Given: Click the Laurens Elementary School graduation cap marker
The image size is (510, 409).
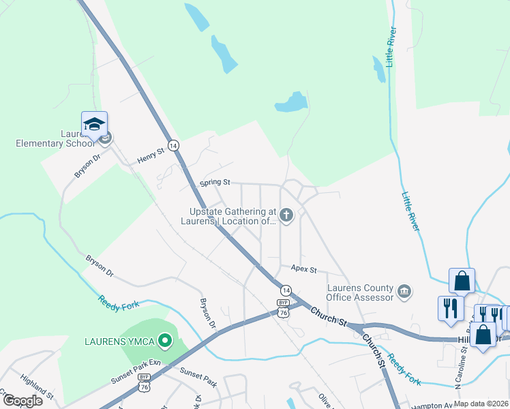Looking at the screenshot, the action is pyautogui.click(x=94, y=125).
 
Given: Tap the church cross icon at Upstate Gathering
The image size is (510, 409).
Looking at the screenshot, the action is pyautogui.click(x=286, y=217).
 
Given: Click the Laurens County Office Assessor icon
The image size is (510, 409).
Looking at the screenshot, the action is pyautogui.click(x=405, y=292).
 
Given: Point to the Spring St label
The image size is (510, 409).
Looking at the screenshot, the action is pyautogui.click(x=215, y=183).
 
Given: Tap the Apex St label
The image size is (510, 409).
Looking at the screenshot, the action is pyautogui.click(x=304, y=270).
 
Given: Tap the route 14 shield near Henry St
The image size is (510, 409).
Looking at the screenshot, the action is pyautogui.click(x=174, y=145).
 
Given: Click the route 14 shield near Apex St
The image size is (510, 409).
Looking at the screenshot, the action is pyautogui.click(x=285, y=290).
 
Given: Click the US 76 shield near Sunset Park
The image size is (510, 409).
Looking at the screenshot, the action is pyautogui.click(x=144, y=387).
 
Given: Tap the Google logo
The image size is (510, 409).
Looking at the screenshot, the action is pyautogui.click(x=22, y=400).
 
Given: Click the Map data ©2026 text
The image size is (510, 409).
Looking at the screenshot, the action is pyautogui.click(x=480, y=404).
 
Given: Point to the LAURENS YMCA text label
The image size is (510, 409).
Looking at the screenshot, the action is pyautogui.click(x=117, y=340).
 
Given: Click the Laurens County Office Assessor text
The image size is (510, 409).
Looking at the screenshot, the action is pyautogui.click(x=360, y=292).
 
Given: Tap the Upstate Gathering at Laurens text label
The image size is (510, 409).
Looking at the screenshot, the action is pyautogui.click(x=228, y=216).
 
